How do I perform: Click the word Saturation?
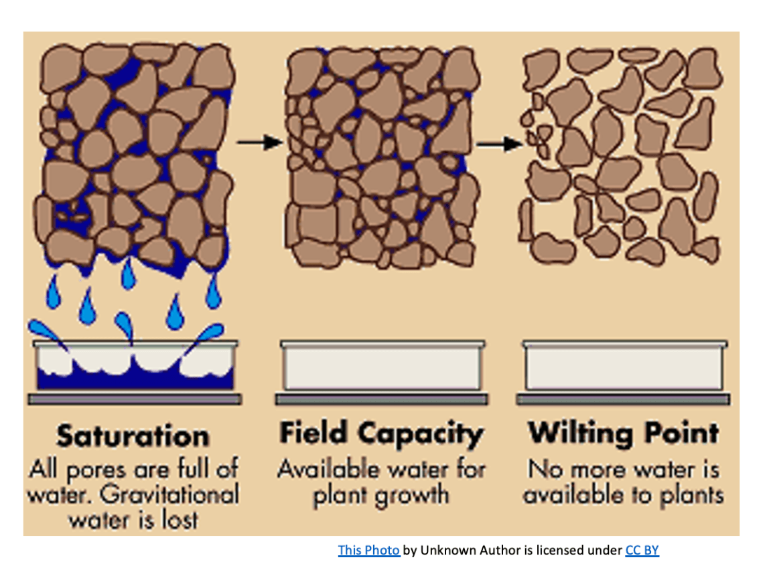[x=133, y=436]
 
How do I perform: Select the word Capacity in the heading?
[x=420, y=435]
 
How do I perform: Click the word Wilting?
[x=580, y=433]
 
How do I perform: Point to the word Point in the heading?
[x=682, y=433]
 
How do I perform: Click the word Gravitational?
[x=169, y=494]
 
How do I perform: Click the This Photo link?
[x=368, y=550]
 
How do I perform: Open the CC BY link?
[x=642, y=550]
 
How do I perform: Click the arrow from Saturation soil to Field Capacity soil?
[x=260, y=142]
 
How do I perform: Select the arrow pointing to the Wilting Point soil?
[x=500, y=144]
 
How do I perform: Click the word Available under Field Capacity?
[x=330, y=470]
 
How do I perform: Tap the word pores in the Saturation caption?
[x=96, y=471]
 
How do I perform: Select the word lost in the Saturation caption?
[x=180, y=520]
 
